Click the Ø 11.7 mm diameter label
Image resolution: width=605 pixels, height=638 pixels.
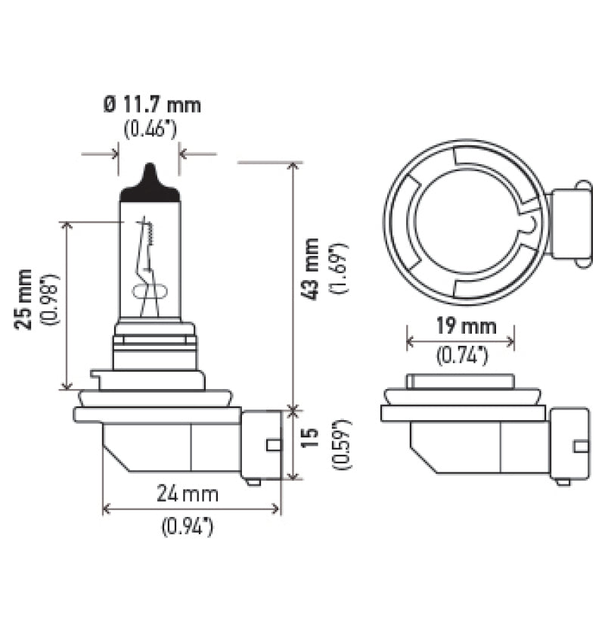152,105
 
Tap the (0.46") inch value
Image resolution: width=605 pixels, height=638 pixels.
150,129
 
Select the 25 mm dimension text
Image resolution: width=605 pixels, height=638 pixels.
25,299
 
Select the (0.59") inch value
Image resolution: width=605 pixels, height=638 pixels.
338,444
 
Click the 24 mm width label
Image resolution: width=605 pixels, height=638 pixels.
188,494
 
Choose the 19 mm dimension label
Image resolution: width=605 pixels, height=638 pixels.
461,327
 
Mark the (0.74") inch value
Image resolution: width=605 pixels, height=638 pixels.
461,354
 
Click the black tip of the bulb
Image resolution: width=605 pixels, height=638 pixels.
150,183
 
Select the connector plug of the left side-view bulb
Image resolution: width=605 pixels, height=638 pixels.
261,445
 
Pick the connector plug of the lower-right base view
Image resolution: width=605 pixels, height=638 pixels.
569,445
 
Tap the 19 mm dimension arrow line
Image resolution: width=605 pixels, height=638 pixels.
461,341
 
